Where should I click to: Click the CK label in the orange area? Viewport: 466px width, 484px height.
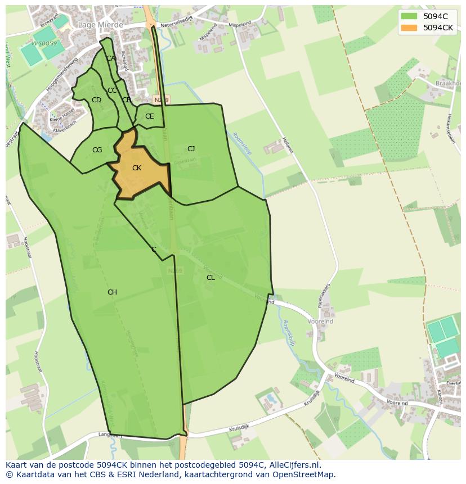click(x=137, y=168)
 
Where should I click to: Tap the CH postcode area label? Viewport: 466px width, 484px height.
click(x=112, y=292)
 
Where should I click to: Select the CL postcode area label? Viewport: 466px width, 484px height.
click(x=210, y=278)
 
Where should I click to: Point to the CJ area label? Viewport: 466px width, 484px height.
click(x=191, y=149)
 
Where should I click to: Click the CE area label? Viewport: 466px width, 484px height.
click(x=149, y=117)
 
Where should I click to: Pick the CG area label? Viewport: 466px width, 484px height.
click(x=97, y=150)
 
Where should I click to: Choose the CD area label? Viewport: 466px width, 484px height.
click(x=96, y=100)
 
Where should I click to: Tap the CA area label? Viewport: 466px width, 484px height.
click(x=111, y=58)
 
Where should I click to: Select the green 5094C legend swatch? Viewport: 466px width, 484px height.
click(x=409, y=16)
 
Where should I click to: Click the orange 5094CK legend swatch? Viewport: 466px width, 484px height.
click(x=409, y=28)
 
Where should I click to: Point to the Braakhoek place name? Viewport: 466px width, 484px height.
click(x=448, y=83)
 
